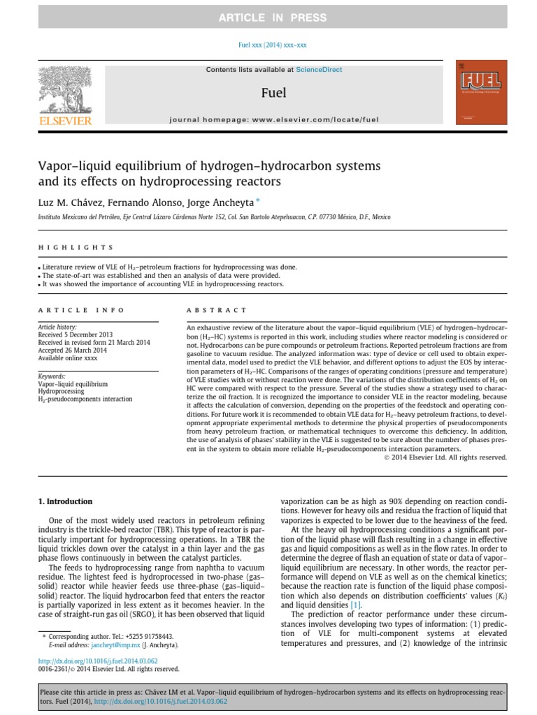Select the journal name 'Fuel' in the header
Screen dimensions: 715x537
coord(273,92)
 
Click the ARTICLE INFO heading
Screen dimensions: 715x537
coord(81,310)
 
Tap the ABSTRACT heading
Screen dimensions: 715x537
coord(216,310)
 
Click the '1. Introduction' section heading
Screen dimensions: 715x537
coord(64,501)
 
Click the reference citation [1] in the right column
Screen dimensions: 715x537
coord(356,605)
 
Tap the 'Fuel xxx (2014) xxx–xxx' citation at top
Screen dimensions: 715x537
coord(268,45)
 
